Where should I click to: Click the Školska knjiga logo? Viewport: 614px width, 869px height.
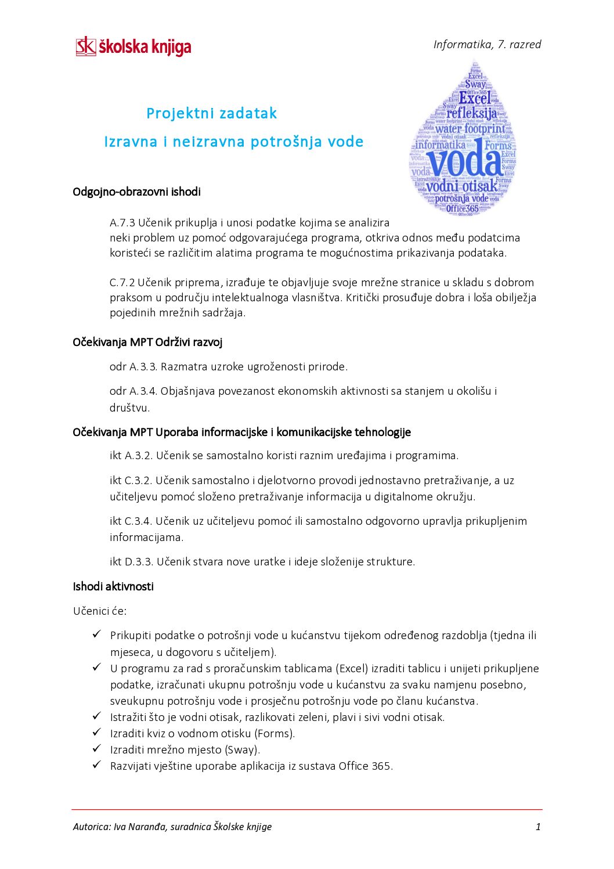pyautogui.click(x=133, y=46)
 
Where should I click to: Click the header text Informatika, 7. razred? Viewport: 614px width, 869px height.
pyautogui.click(x=487, y=45)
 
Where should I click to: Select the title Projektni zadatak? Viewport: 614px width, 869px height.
pyautogui.click(x=211, y=113)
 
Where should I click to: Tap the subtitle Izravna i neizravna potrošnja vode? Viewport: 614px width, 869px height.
pyautogui.click(x=233, y=142)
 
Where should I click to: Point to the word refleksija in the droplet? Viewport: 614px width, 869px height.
pyautogui.click(x=471, y=113)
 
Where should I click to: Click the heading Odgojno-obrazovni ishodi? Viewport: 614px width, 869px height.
pyautogui.click(x=136, y=192)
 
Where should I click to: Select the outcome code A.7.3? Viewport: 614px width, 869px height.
pyautogui.click(x=122, y=223)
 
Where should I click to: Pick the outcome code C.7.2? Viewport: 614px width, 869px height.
pyautogui.click(x=122, y=283)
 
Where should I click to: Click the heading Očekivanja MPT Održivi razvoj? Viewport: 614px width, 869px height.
pyautogui.click(x=147, y=342)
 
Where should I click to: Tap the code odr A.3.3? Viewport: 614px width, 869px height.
pyautogui.click(x=133, y=367)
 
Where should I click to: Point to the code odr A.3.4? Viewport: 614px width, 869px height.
pyautogui.click(x=133, y=391)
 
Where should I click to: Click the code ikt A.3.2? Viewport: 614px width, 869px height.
pyautogui.click(x=131, y=456)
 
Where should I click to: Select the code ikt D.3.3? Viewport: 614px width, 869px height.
pyautogui.click(x=131, y=562)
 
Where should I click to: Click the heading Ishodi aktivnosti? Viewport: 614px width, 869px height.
pyautogui.click(x=113, y=586)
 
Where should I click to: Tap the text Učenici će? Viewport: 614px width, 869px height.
pyautogui.click(x=100, y=611)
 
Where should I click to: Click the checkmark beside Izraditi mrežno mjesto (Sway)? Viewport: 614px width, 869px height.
pyautogui.click(x=97, y=749)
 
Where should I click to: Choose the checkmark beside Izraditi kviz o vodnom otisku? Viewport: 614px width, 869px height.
pyautogui.click(x=97, y=733)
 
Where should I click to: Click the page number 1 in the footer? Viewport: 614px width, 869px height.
pyautogui.click(x=538, y=827)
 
